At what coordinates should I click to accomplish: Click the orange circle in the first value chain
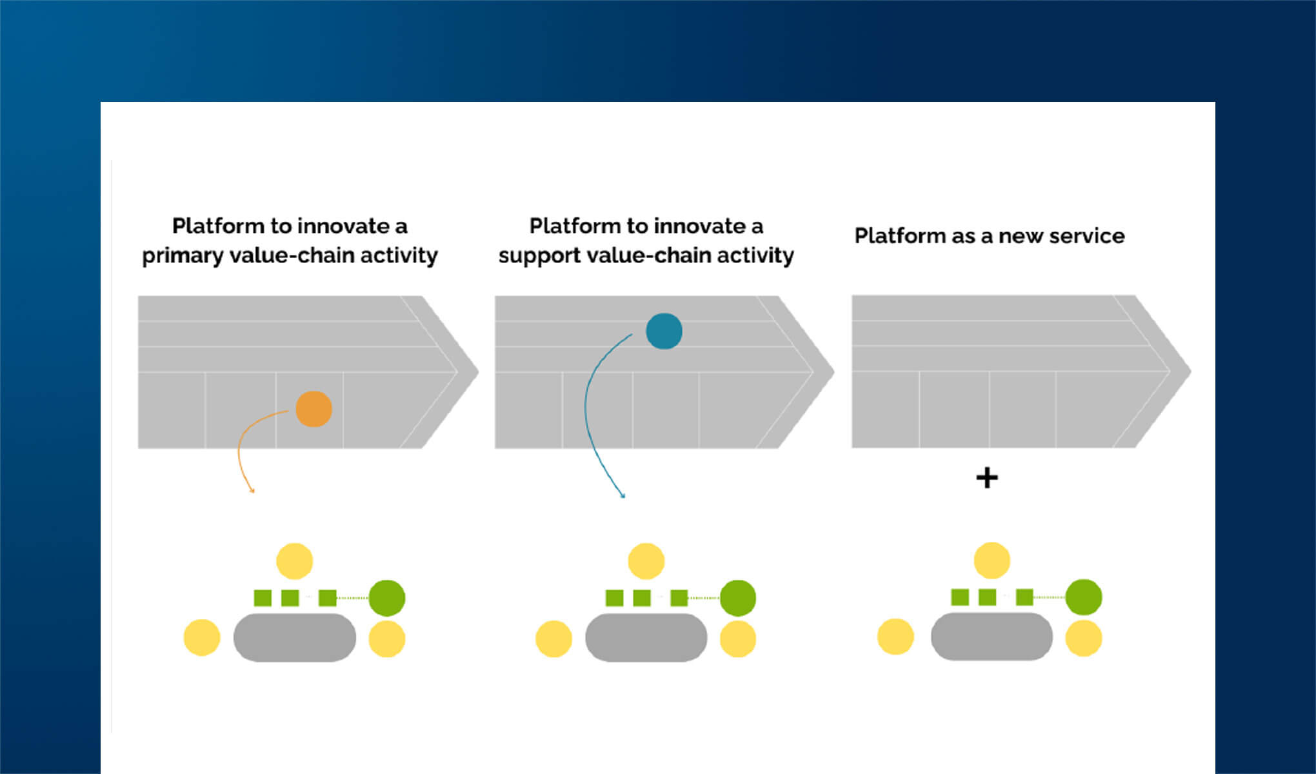[x=314, y=409]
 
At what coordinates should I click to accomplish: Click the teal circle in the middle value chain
[x=664, y=331]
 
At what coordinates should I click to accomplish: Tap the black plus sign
[x=986, y=478]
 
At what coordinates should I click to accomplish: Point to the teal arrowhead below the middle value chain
[x=623, y=495]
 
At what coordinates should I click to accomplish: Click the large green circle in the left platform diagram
[x=386, y=598]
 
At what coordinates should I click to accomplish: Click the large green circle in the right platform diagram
[x=1083, y=597]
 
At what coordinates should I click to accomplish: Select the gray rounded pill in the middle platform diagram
[x=646, y=637]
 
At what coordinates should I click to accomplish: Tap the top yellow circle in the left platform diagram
[x=294, y=561]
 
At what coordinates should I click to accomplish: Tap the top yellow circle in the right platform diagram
[x=992, y=560]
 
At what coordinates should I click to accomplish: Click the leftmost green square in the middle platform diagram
[x=614, y=598]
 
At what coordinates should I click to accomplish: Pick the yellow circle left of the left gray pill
[x=202, y=637]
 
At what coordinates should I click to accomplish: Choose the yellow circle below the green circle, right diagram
[x=1083, y=638]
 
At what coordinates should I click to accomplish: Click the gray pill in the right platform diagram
[x=992, y=637]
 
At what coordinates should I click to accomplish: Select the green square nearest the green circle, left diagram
[x=328, y=598]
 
